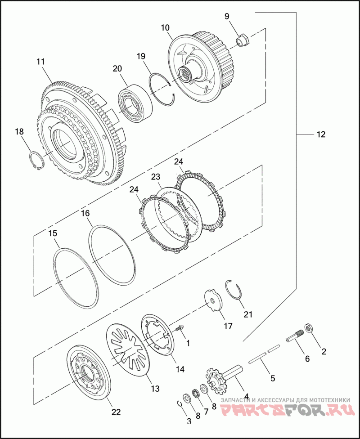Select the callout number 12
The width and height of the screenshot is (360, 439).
[x=321, y=134]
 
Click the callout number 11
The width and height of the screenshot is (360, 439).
[x=40, y=62]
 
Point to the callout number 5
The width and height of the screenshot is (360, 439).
[x=273, y=379]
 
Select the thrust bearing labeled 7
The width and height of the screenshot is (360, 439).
[x=196, y=394]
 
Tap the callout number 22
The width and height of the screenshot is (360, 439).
[x=116, y=412]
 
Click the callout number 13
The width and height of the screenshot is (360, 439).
[x=155, y=389]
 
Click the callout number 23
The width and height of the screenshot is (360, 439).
[x=156, y=177]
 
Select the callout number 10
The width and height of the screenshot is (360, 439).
[x=165, y=28]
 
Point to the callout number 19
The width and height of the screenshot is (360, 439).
[x=141, y=56]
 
